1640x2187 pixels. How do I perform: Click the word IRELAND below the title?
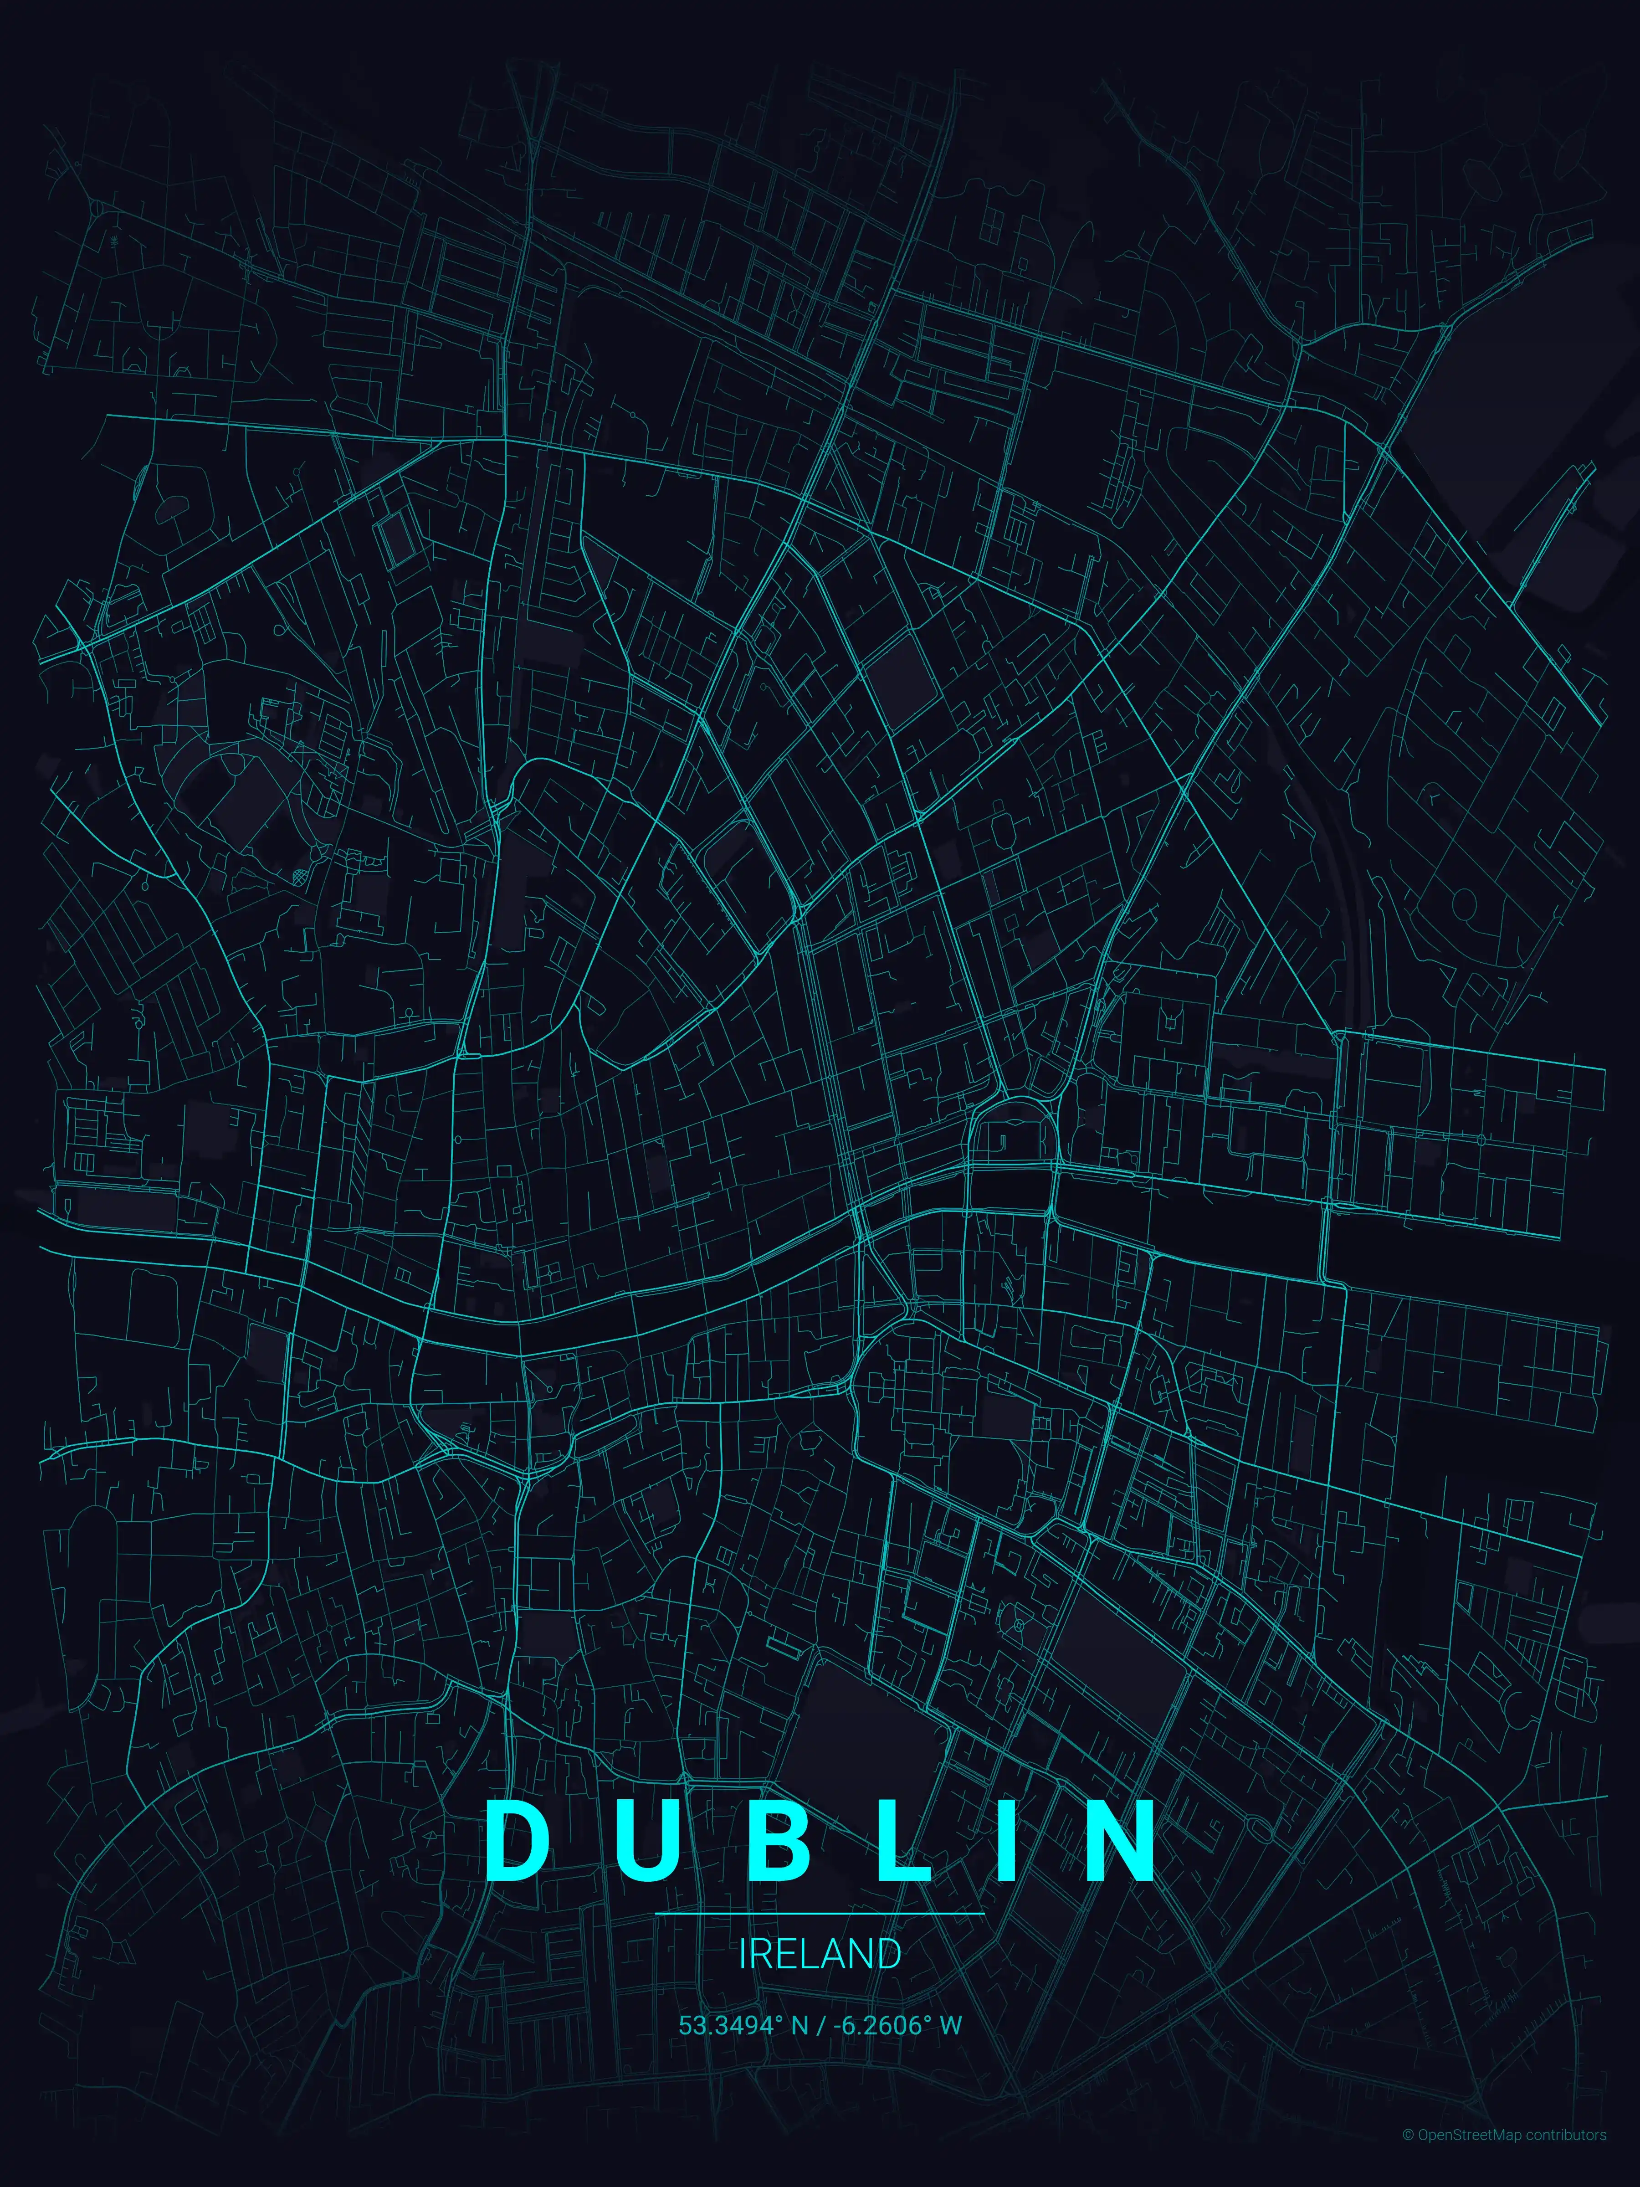pos(820,1954)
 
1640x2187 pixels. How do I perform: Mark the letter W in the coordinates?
pos(951,2025)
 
